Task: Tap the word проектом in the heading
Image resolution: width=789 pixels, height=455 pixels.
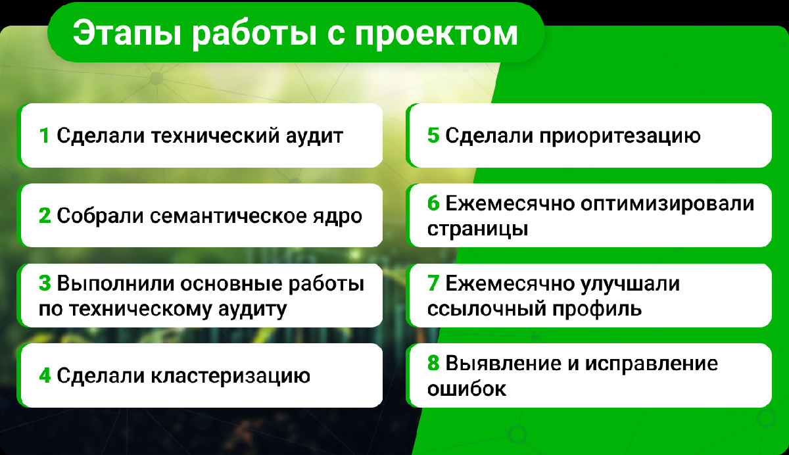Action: [x=437, y=36]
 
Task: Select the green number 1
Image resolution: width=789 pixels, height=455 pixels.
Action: [x=44, y=135]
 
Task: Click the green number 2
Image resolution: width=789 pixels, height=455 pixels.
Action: [x=45, y=216]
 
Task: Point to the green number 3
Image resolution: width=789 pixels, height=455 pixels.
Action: [x=45, y=283]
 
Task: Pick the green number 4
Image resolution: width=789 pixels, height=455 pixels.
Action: [x=45, y=375]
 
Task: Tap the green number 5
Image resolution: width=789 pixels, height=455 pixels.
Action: [x=433, y=135]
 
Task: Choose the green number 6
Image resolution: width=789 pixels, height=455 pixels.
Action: [x=433, y=203]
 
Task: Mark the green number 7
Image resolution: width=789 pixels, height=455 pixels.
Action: [x=433, y=283]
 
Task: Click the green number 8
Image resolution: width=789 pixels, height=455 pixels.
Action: [x=433, y=363]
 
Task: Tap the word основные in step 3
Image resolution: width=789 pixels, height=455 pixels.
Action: [x=231, y=283]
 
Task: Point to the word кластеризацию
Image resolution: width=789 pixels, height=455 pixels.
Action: [x=231, y=376]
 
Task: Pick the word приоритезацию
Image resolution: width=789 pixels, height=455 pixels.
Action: [x=620, y=136]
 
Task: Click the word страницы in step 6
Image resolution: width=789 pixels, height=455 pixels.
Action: [x=477, y=229]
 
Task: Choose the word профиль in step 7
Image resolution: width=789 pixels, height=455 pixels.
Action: [x=597, y=309]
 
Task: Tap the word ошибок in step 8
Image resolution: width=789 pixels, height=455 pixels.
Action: [x=467, y=389]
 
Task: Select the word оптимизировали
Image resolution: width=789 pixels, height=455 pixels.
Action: [x=667, y=204]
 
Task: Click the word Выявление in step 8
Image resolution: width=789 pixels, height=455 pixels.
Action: [x=504, y=364]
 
